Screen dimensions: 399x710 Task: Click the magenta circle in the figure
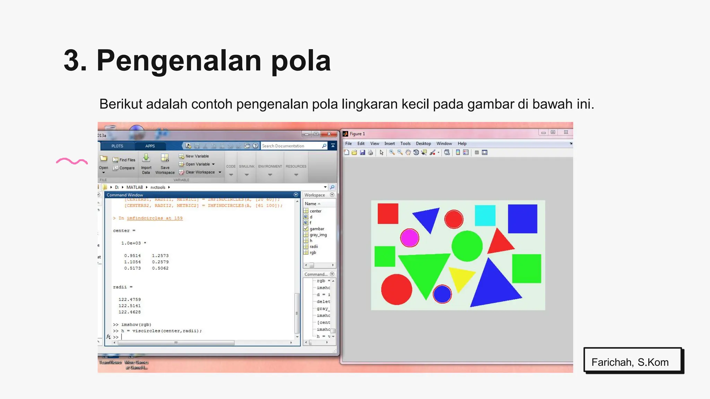click(409, 238)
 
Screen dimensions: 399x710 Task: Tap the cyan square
click(485, 215)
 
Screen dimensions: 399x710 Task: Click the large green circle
click(467, 246)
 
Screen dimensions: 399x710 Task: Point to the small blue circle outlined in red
click(442, 294)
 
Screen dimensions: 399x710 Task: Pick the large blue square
click(522, 219)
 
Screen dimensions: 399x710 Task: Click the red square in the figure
click(388, 214)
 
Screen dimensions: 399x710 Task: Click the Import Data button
click(146, 164)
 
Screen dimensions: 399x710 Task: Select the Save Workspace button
click(165, 164)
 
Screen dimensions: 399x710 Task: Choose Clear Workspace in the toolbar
click(200, 172)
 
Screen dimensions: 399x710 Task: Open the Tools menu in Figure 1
click(405, 143)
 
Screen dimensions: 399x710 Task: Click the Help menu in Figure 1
click(462, 143)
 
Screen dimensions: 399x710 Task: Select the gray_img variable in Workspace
click(318, 235)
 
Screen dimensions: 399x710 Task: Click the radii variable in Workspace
click(314, 247)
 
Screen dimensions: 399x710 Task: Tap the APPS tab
click(150, 146)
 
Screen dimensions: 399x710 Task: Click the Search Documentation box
click(291, 146)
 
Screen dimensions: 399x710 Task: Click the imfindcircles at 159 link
click(154, 218)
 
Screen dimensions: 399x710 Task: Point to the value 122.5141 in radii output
click(130, 306)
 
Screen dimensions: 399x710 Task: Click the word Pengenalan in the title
click(179, 61)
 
